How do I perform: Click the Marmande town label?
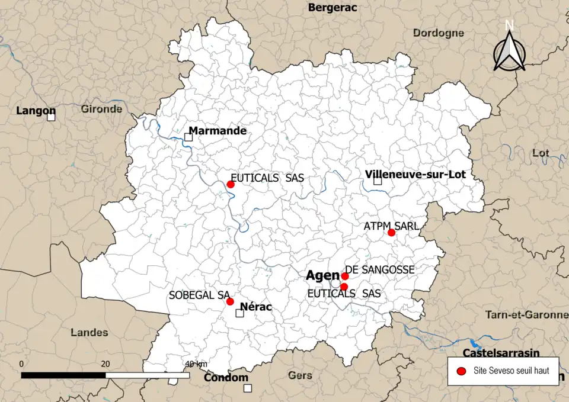218,131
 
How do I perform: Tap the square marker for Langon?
52,117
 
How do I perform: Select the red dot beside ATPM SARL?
391,232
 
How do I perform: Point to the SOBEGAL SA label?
199,294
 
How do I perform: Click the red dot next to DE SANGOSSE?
345,276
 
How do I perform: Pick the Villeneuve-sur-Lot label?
415,174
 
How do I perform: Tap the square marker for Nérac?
239,313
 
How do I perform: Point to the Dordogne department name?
438,33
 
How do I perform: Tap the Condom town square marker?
248,388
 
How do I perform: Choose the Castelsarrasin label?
501,353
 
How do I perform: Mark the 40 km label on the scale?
196,363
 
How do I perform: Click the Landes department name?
89,332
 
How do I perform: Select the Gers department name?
299,375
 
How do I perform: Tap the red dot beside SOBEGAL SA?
230,301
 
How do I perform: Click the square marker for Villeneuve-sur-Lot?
378,181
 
